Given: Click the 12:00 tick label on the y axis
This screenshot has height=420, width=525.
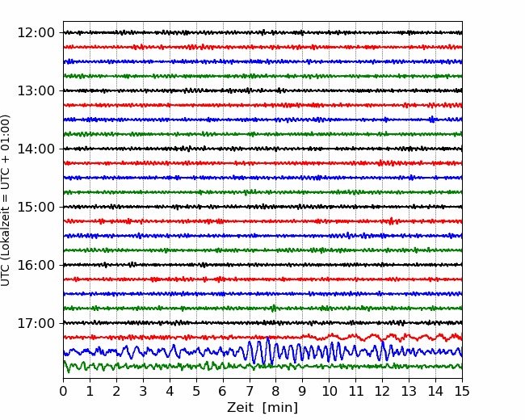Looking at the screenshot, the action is [36, 33].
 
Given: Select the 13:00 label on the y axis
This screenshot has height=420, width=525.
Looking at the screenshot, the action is [36, 90].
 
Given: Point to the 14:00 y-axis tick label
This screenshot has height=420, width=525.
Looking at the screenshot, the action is [36, 149].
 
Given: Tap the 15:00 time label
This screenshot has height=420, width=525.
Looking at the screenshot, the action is [36, 207].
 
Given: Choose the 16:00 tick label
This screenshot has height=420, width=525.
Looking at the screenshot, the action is [36, 265].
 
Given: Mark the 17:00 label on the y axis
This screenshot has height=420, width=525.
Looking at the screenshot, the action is [36, 323].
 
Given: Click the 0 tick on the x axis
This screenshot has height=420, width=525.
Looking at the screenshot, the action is [63, 391].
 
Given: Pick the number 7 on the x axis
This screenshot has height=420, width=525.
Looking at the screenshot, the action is [249, 391].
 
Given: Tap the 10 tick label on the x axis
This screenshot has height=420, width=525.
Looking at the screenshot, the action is [329, 391].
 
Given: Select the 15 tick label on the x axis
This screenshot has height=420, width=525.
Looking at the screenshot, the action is [462, 391].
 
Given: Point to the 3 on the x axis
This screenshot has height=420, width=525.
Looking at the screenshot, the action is [143, 391].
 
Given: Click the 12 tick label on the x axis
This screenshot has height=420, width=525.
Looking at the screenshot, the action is [382, 391].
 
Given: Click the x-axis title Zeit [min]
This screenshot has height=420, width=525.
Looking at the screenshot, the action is [262, 408].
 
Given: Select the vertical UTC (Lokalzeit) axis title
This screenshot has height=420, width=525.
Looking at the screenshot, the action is [6, 200].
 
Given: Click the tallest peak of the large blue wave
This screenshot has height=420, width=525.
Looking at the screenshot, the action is [268, 338].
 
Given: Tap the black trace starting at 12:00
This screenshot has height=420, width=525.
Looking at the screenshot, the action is [262, 33].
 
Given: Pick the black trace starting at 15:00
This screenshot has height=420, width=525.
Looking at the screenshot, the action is [262, 207].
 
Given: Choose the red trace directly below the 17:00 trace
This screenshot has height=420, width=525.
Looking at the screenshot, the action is [262, 338].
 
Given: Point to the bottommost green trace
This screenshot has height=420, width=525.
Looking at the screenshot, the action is [262, 367].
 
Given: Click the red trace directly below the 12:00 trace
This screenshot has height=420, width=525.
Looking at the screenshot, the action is [262, 47].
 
